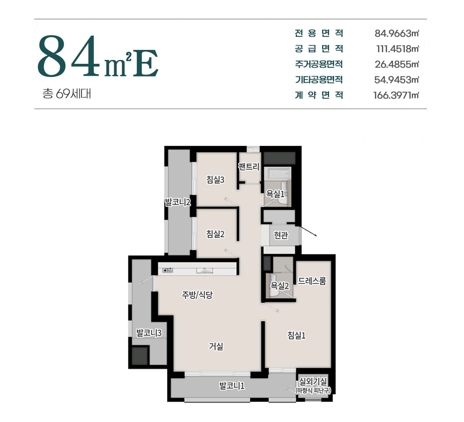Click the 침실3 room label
[215, 179]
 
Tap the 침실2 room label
[215, 234]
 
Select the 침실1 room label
[297, 335]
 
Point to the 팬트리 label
[249, 167]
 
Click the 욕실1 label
[275, 194]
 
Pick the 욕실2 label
[280, 286]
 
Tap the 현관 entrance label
[281, 235]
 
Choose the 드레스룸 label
[312, 281]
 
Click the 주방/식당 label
[197, 295]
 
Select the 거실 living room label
[216, 347]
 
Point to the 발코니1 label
[232, 386]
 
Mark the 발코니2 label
[177, 202]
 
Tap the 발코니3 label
[149, 333]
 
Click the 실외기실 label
[313, 381]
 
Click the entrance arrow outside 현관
[309, 231]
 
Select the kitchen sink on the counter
[205, 270]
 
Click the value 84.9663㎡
[397, 34]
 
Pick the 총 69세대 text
[67, 94]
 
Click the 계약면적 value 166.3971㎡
[396, 96]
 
